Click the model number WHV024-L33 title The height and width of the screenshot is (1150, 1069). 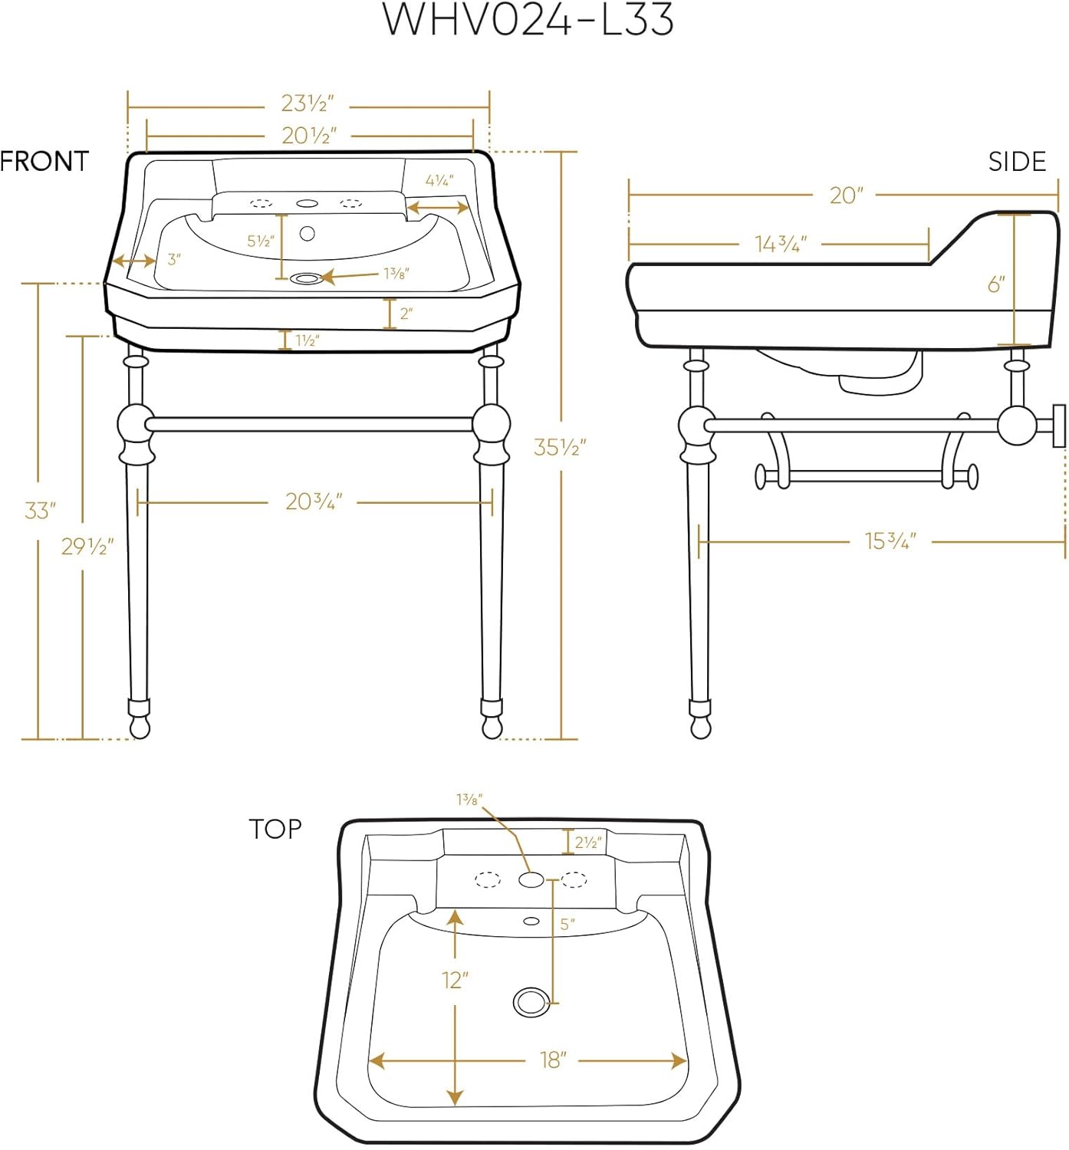528,21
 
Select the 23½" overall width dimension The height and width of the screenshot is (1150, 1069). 308,103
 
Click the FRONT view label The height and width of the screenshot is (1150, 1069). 44,161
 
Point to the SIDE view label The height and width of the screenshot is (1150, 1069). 1017,162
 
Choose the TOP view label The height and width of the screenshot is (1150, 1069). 275,829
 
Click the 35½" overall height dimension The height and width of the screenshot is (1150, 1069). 560,447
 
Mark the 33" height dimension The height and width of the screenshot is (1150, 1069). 40,510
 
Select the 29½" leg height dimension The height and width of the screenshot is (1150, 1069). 87,547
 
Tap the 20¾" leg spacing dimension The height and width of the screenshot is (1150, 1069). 314,502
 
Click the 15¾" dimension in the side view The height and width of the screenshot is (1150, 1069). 890,541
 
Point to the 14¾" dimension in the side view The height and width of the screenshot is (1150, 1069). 781,245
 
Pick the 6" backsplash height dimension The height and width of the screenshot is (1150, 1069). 996,284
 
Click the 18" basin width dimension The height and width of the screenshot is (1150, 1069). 552,1060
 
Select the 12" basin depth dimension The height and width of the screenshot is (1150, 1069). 455,980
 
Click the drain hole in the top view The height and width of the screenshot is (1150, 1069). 529,1002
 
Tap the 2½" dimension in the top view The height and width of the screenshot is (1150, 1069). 587,842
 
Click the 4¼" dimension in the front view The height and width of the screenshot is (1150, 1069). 439,181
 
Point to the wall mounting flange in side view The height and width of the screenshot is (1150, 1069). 1058,426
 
